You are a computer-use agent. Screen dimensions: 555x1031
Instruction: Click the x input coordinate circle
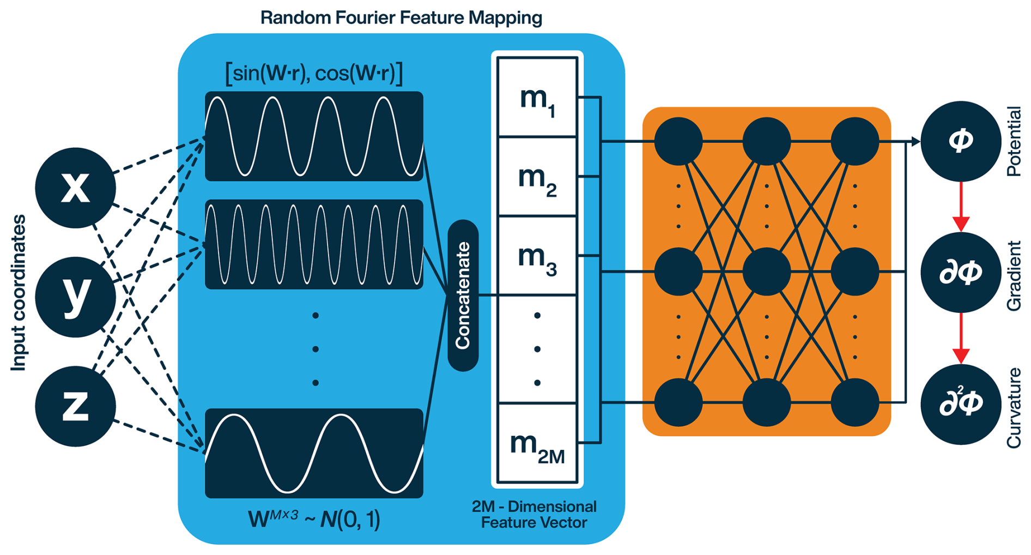(75, 188)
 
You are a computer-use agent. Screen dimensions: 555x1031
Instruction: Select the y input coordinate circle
(75, 297)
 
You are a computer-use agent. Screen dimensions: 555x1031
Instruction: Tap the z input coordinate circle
(75, 406)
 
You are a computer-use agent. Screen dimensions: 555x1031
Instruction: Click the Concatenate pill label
(463, 295)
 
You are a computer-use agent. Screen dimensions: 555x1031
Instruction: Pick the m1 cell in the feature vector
(537, 98)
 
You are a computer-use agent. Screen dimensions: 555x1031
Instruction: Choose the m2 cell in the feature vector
(537, 177)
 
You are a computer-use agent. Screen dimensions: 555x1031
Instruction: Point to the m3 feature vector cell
(537, 256)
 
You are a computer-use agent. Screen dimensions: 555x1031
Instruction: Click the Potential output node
(960, 141)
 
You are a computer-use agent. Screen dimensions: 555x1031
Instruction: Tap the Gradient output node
(960, 272)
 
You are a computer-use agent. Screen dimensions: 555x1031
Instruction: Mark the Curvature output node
(960, 404)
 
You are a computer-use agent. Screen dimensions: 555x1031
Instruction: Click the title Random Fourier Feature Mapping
(401, 18)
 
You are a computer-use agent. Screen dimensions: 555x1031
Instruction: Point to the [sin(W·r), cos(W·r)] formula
(314, 73)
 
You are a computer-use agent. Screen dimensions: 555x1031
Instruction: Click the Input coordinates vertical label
(19, 293)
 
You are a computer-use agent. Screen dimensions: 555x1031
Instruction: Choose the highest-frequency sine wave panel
(314, 244)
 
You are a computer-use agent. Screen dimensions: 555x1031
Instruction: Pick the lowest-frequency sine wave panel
(314, 453)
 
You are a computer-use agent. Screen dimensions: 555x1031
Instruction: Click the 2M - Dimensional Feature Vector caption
(534, 515)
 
